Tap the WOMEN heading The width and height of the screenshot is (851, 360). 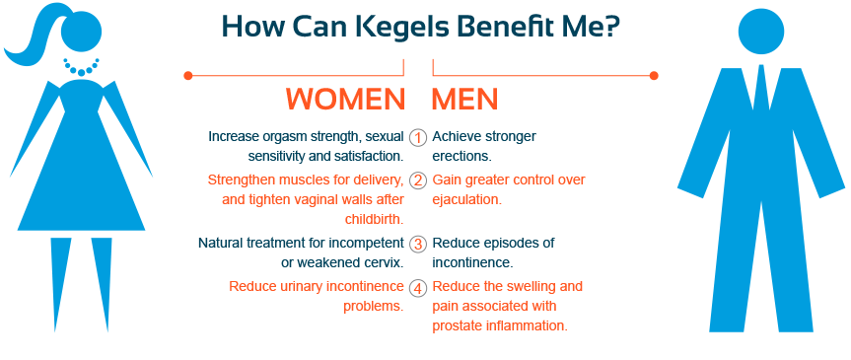click(x=345, y=100)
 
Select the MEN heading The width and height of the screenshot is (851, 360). click(x=464, y=100)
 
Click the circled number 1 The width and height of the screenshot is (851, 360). click(x=418, y=137)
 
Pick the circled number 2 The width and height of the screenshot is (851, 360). click(x=418, y=180)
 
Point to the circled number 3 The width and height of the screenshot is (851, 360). click(x=418, y=244)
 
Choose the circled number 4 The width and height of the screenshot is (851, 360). click(x=418, y=288)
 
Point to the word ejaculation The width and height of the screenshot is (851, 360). click(x=466, y=199)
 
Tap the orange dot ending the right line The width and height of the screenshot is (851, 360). click(x=654, y=75)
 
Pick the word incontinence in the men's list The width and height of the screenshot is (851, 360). click(x=471, y=262)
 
